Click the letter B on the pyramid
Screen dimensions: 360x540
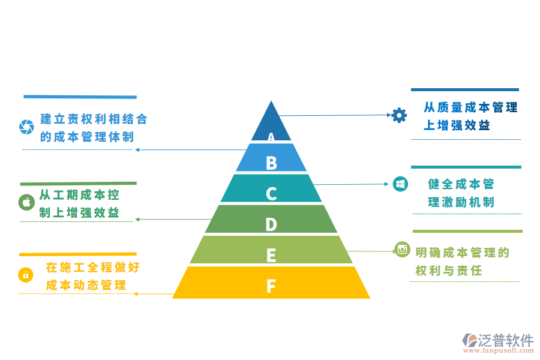271,163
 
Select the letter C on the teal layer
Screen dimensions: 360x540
271,194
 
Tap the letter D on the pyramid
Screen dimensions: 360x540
271,224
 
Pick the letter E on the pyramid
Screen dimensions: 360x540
271,256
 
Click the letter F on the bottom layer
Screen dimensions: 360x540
271,286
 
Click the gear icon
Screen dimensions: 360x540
399,115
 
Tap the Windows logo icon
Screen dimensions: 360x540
400,184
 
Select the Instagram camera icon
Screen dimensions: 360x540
403,249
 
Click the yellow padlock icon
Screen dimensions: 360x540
26,275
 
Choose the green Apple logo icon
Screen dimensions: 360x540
26,202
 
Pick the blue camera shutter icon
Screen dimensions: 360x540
26,127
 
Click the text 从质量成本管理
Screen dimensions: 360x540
470,108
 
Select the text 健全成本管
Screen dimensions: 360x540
461,184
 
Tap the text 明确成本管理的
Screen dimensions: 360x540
462,253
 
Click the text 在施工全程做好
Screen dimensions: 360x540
92,268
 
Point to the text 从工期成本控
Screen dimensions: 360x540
79,195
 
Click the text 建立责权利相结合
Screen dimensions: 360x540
94,119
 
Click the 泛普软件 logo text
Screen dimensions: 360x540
506,340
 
